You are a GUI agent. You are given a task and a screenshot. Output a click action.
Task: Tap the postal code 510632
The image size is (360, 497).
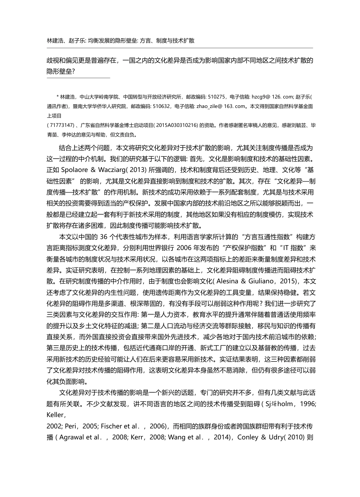pyautogui.click(x=162, y=107)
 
